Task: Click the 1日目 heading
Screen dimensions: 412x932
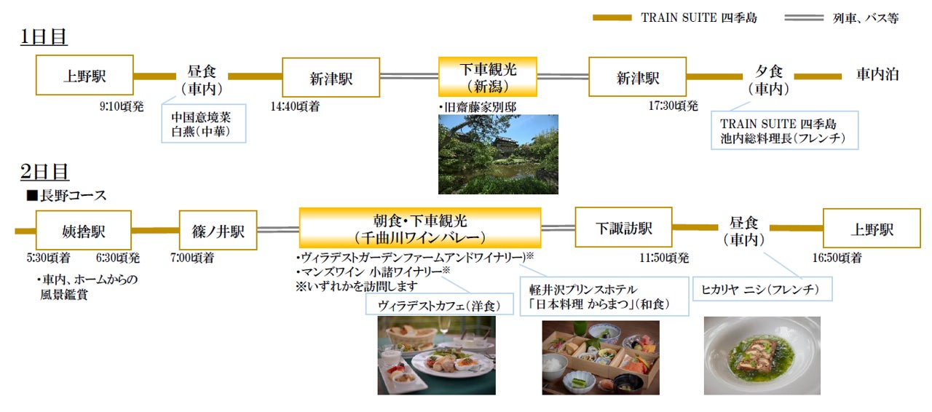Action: click(x=44, y=37)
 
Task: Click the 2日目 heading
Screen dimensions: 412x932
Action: click(x=44, y=172)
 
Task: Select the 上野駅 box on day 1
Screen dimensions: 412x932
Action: click(x=84, y=75)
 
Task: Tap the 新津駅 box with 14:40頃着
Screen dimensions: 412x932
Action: click(x=331, y=77)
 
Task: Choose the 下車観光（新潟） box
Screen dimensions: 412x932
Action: click(x=487, y=77)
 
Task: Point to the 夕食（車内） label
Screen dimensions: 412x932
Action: click(x=768, y=79)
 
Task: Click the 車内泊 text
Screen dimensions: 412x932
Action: click(x=877, y=74)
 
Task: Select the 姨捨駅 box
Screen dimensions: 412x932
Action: click(x=84, y=230)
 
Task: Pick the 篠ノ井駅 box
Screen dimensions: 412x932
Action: click(x=218, y=230)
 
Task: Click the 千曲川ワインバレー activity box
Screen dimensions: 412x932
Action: click(x=419, y=228)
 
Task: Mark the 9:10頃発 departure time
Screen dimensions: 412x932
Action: click(x=122, y=106)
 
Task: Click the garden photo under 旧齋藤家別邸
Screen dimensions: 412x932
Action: click(x=498, y=154)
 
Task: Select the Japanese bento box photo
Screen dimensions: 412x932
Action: click(x=600, y=356)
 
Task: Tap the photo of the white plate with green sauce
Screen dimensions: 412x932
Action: click(x=762, y=356)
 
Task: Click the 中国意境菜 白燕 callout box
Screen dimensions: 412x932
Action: click(x=204, y=123)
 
